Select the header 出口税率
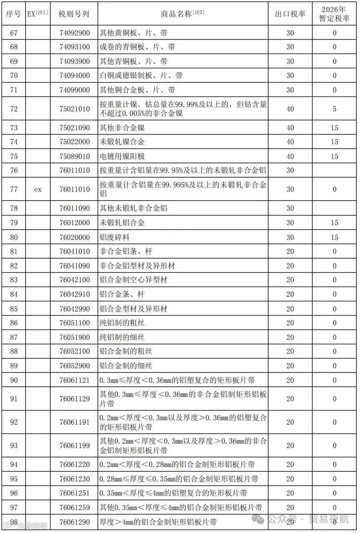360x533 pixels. coord(290,14)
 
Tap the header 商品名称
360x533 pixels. coord(182,14)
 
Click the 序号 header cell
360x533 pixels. coord(13,14)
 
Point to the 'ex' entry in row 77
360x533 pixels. coord(38,189)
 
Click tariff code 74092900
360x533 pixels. coord(74,33)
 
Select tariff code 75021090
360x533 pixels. coord(74,128)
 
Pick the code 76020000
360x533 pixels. coord(74,237)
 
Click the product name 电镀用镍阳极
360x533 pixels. coord(122,156)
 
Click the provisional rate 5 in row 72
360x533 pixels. coord(334,109)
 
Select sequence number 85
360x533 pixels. coord(14,309)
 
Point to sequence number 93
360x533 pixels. coord(14,446)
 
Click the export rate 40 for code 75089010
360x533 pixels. coord(290,156)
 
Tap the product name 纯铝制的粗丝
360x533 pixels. coord(122,323)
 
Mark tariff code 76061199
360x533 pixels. coord(74,446)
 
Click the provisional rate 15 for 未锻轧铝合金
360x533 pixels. coord(334,223)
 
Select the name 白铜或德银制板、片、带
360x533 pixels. coord(141,76)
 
